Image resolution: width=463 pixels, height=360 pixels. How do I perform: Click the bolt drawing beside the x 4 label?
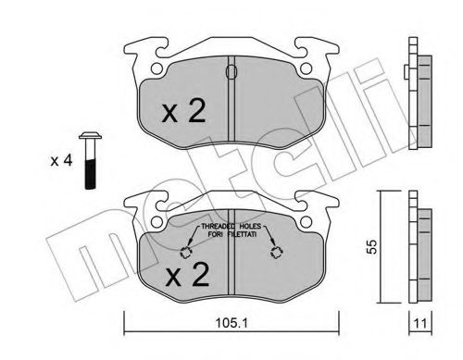tap(90, 160)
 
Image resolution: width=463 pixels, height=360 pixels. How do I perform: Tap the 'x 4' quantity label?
tap(61, 161)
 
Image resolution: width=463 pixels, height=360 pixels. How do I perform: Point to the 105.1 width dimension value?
tap(231, 323)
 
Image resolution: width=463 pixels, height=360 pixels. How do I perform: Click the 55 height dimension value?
tap(372, 246)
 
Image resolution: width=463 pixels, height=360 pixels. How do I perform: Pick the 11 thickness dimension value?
tap(420, 324)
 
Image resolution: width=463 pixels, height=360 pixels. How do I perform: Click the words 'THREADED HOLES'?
tap(231, 226)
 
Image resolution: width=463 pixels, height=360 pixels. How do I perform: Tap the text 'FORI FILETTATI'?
tap(232, 234)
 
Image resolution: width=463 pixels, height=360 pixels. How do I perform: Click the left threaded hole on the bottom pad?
tap(186, 253)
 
